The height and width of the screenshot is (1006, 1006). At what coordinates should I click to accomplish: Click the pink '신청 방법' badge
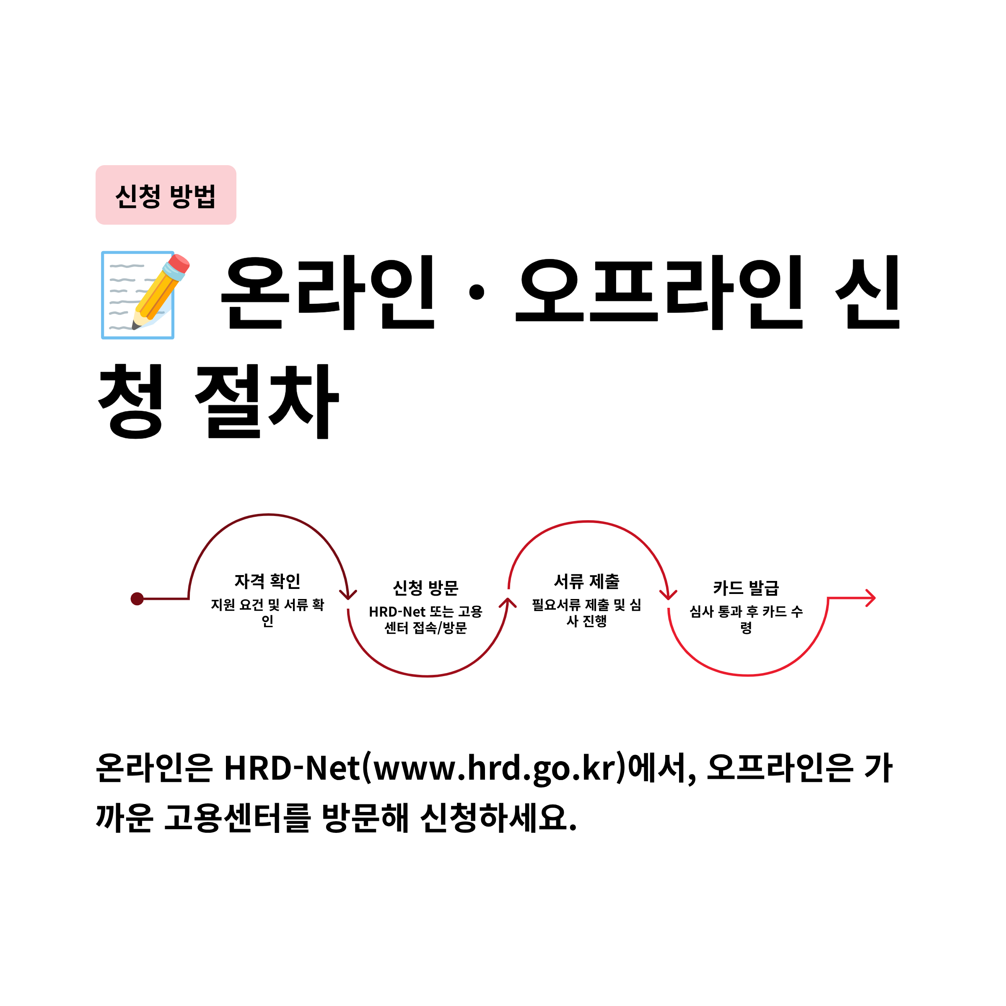tap(166, 195)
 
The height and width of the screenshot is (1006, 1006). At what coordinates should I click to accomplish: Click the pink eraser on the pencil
tap(179, 264)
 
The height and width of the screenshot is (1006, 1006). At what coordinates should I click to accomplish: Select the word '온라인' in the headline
tap(328, 293)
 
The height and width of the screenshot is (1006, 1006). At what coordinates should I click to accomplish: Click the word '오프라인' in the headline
tap(658, 293)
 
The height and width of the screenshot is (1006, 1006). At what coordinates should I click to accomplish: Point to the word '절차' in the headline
tap(267, 402)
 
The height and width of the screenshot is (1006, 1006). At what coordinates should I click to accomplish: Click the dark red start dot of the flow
tap(137, 599)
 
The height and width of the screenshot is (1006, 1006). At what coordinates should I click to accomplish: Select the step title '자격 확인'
tap(267, 581)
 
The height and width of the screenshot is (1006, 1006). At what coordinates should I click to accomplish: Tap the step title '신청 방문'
tap(425, 588)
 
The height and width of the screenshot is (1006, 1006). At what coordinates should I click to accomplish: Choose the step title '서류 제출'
tap(587, 581)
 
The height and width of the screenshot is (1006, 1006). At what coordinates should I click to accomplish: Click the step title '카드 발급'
tap(746, 588)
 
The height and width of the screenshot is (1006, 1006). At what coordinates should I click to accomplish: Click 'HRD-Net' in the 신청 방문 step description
tap(397, 612)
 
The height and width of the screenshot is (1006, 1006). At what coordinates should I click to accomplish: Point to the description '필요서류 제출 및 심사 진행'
tap(587, 613)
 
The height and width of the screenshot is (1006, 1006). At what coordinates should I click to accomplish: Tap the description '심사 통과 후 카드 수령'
tap(746, 619)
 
